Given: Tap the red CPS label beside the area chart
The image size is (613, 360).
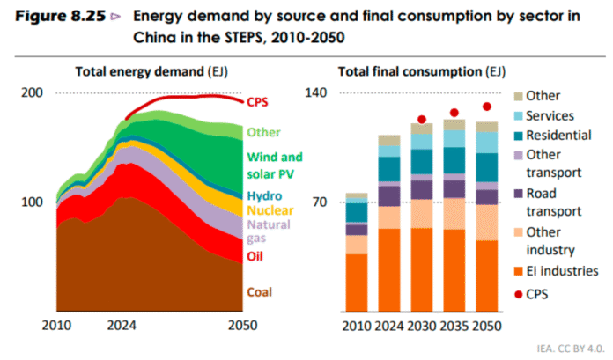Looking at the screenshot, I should (x=259, y=101).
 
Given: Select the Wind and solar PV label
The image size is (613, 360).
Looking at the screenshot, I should (x=275, y=165).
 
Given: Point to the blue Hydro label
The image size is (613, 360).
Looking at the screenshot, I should (x=264, y=195).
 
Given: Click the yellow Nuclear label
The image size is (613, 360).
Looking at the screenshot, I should (x=270, y=210).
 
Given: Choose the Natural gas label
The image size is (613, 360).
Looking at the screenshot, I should (x=268, y=231).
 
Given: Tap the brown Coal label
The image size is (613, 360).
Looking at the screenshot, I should (x=259, y=292).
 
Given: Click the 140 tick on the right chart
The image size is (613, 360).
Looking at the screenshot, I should (x=315, y=92).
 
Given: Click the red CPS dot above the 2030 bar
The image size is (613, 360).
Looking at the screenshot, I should (x=422, y=119).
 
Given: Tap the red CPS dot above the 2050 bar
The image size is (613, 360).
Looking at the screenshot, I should (x=487, y=107).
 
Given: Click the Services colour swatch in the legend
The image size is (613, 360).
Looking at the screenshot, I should (x=520, y=116).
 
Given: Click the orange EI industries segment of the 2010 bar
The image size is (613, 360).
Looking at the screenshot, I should (x=357, y=283).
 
